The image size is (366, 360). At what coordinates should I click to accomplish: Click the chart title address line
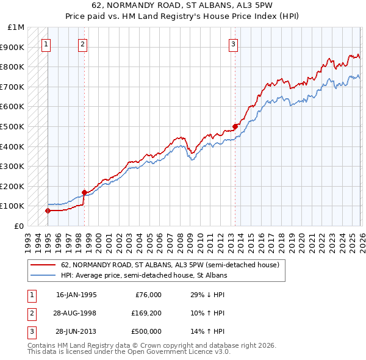182,6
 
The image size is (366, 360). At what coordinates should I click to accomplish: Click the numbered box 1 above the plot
47,43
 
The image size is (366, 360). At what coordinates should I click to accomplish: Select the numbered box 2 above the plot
82,43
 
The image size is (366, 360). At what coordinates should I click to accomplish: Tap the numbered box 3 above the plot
234,43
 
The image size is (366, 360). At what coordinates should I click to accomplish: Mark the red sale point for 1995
48,211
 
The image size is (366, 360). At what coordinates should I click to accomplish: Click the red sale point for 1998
84,192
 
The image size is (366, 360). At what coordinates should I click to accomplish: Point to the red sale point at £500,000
234,127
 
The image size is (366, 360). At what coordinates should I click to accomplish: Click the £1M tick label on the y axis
16,27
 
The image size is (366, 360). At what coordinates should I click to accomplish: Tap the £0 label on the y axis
19,226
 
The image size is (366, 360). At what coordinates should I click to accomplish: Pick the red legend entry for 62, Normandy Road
170,265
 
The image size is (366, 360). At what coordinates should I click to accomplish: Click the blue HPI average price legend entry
144,276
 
